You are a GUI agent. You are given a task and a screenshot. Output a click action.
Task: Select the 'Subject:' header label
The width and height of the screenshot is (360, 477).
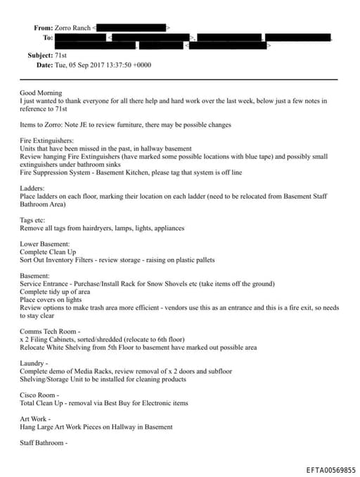click(40, 55)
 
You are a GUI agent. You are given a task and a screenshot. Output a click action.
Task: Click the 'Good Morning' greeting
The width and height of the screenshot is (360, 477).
click(41, 92)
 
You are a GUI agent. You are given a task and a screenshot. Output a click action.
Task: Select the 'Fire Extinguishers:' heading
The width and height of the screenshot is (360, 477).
click(45, 141)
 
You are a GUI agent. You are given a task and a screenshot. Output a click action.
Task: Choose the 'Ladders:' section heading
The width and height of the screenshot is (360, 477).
click(32, 189)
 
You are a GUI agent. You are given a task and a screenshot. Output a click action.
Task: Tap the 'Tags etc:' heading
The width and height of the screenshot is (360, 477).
click(34, 220)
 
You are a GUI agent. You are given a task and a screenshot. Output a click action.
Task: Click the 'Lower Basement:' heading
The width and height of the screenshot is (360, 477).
click(44, 243)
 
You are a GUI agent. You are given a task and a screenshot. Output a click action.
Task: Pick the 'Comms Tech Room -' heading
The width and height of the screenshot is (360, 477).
click(50, 331)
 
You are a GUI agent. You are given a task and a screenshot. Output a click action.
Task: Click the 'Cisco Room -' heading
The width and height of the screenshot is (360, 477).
click(39, 395)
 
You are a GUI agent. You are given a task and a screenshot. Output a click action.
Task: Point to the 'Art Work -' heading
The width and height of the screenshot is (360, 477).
click(37, 419)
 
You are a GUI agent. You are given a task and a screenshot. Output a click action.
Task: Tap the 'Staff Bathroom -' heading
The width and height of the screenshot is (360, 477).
click(44, 443)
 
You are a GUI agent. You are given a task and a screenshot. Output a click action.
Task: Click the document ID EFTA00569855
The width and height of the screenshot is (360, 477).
click(331, 470)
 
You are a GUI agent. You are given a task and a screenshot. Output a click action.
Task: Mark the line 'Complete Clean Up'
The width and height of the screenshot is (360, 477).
click(49, 251)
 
